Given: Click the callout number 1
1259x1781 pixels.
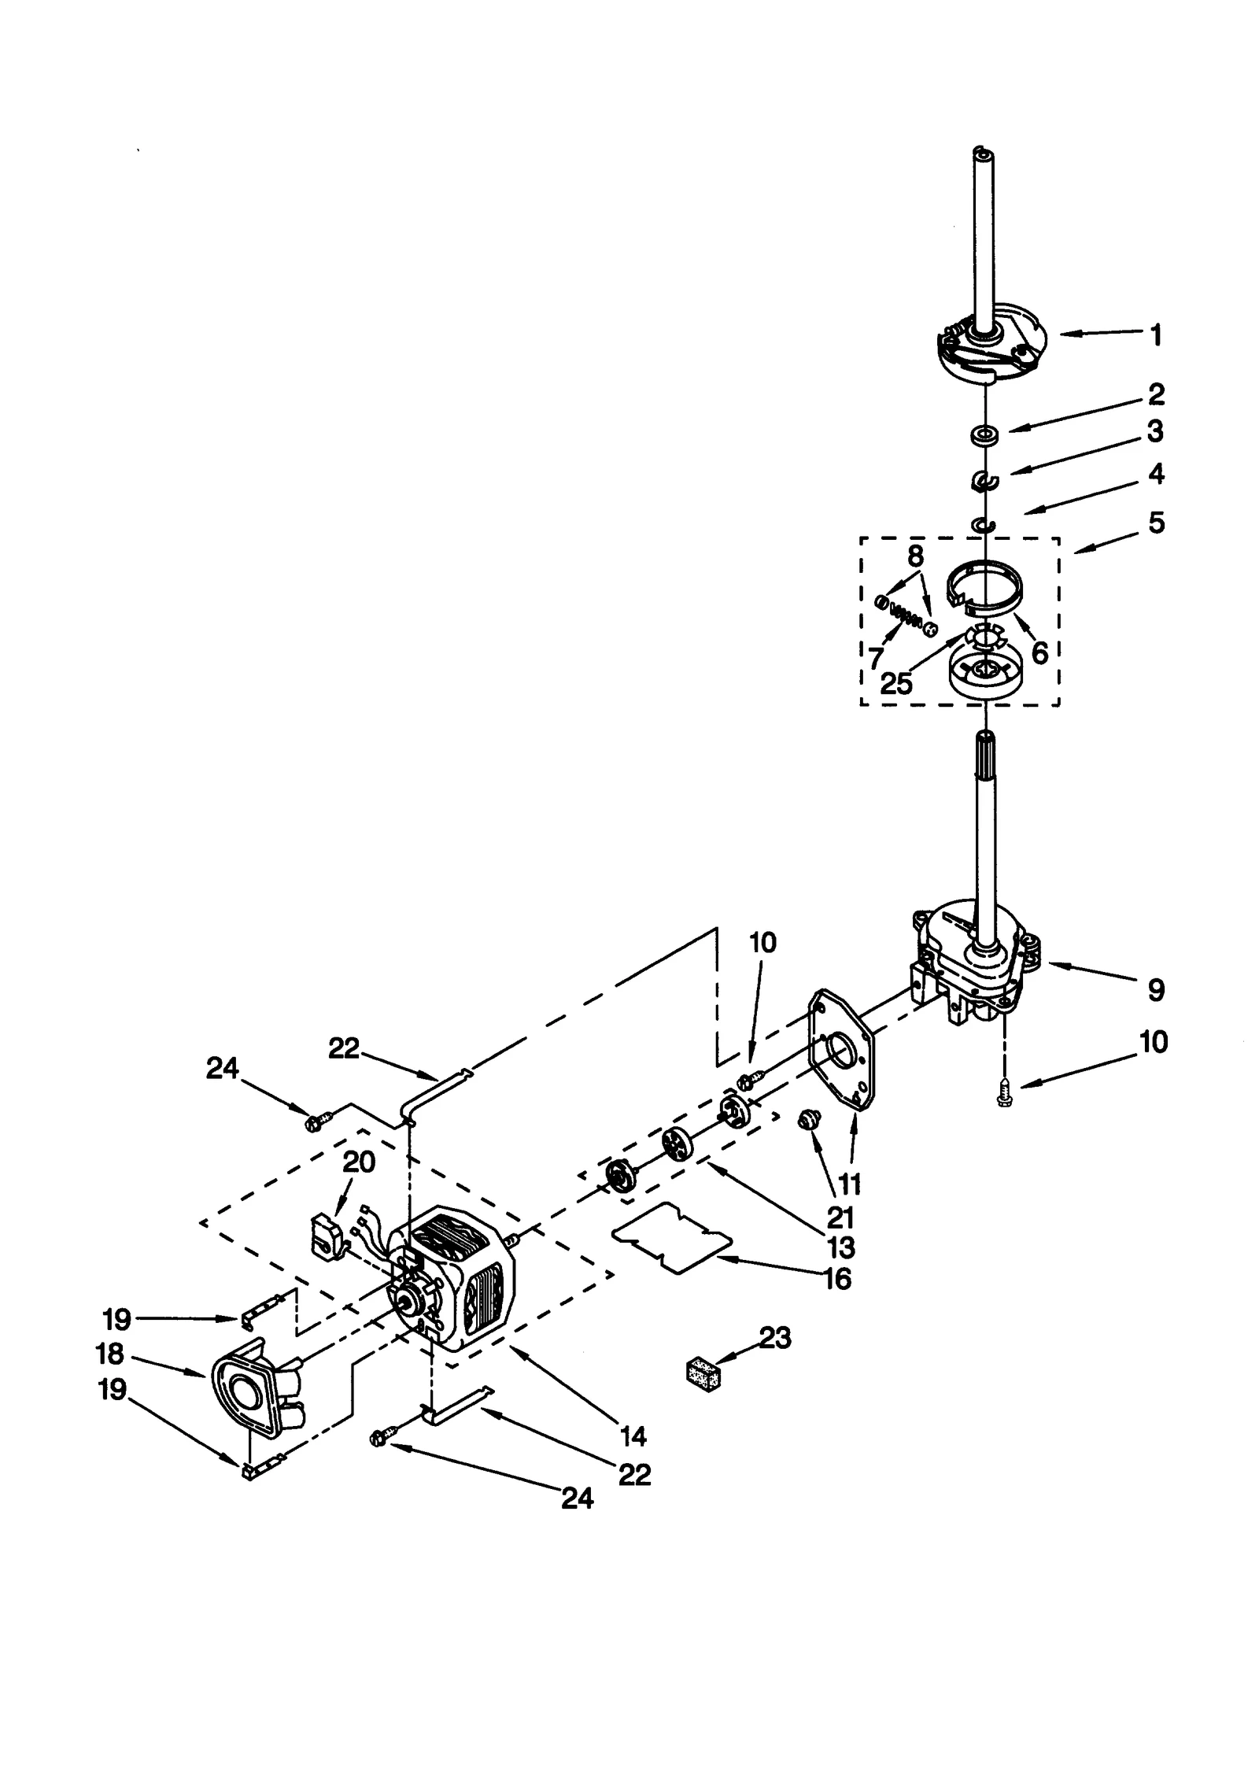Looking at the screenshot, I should [1155, 336].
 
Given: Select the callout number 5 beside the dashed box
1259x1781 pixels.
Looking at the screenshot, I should [1156, 523].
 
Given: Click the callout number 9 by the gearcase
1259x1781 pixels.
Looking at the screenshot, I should [1155, 989].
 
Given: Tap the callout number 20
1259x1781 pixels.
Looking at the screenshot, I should [360, 1162].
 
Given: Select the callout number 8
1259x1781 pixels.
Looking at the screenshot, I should [915, 556].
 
